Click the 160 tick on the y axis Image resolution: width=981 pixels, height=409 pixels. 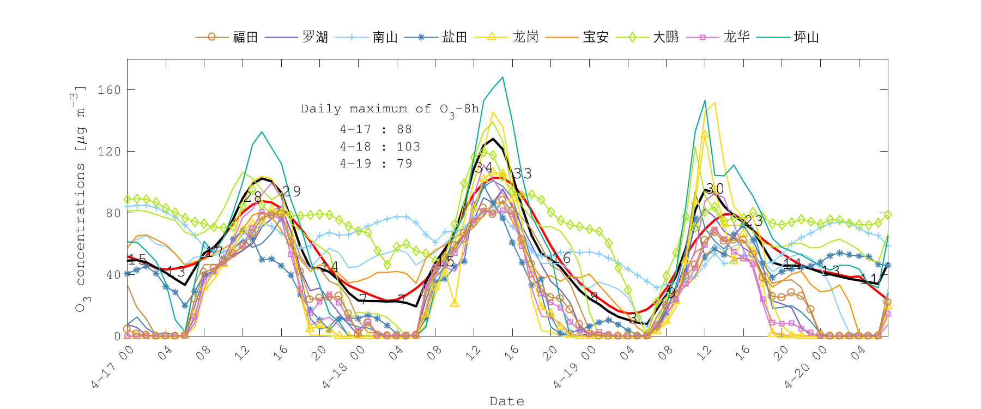[109, 89]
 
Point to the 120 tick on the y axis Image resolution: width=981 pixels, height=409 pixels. [109, 151]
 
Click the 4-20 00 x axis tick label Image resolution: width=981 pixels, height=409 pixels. [806, 368]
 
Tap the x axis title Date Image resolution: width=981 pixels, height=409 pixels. [507, 401]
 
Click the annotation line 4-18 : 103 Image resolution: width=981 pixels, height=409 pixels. [380, 147]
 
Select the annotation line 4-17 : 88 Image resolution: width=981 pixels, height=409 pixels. [376, 129]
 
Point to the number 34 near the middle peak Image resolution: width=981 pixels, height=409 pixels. [483, 167]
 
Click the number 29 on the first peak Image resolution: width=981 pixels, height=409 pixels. [292, 191]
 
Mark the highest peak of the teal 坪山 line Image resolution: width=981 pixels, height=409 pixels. [502, 77]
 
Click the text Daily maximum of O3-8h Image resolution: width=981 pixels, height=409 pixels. [390, 109]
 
